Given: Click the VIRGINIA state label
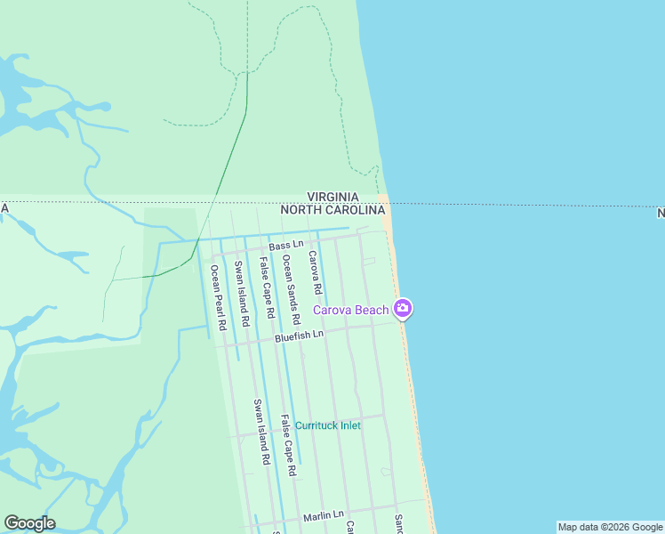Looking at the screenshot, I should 332,197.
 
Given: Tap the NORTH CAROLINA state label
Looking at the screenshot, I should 333,211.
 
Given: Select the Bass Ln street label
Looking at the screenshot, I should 286,244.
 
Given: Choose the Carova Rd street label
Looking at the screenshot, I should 314,273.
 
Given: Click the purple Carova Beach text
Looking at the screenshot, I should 351,310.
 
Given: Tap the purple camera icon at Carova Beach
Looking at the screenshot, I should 404,309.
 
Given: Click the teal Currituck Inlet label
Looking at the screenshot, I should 328,425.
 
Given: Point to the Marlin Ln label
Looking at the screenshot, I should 323,515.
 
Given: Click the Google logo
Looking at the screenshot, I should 29,523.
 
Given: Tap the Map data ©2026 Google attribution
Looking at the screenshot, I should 609,527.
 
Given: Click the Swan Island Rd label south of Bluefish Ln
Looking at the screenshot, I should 260,433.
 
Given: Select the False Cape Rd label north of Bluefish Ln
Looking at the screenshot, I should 265,288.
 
